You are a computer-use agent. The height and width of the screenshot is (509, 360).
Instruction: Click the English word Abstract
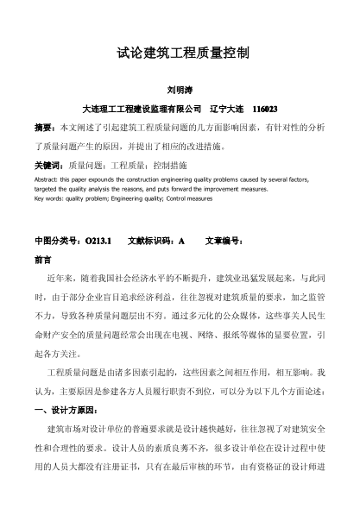[x=47, y=179]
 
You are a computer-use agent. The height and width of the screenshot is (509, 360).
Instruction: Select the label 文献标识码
[x=151, y=242]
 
